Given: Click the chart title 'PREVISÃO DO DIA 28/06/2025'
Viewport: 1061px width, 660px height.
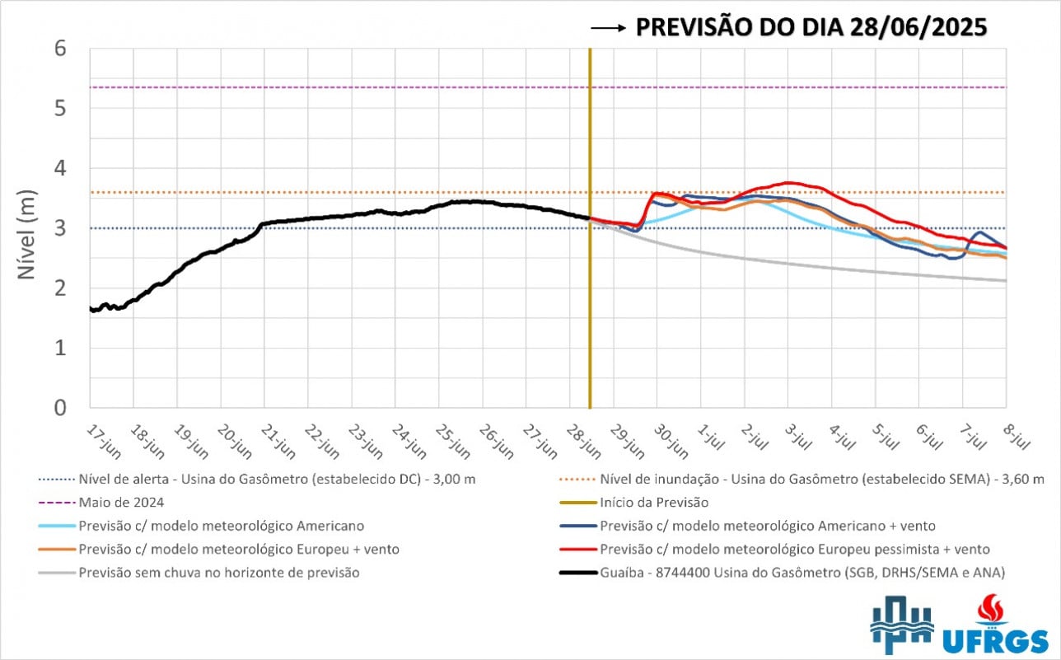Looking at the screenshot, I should point(811,27).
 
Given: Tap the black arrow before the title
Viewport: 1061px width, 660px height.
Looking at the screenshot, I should point(609,28).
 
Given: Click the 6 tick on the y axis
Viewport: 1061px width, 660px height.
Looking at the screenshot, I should point(72,49).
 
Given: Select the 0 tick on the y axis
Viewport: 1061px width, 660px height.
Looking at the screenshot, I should point(72,408).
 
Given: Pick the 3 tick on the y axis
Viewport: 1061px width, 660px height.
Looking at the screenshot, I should point(72,228).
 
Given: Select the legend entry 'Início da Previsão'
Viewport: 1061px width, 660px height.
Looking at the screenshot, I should point(654,502).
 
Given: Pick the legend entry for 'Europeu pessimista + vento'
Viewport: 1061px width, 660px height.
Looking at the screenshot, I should point(795,549).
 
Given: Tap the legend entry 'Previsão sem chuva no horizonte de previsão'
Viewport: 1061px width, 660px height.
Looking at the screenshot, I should point(219,572).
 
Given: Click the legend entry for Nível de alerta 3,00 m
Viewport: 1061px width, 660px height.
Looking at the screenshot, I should point(275,479).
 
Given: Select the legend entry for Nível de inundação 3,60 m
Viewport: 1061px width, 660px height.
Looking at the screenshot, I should point(822,479).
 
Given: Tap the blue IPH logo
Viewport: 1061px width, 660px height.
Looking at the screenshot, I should point(902,630).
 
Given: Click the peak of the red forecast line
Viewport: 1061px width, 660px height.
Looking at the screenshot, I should point(790,182).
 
